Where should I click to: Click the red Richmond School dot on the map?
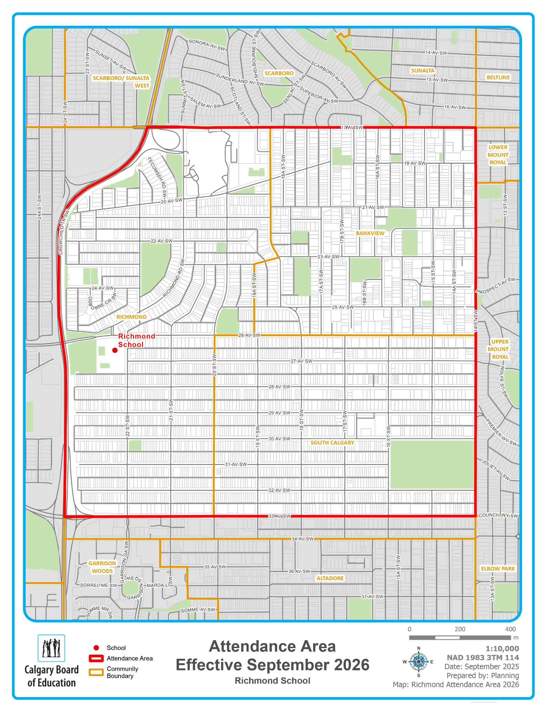click(x=115, y=350)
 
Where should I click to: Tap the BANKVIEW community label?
click(x=370, y=233)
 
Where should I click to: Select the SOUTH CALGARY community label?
click(x=332, y=443)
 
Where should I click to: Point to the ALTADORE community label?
click(x=330, y=578)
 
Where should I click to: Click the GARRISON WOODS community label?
click(x=102, y=567)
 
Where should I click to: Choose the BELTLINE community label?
click(x=498, y=78)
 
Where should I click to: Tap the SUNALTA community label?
click(x=423, y=71)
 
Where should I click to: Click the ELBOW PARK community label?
click(x=498, y=568)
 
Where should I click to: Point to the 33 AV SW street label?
click(x=279, y=516)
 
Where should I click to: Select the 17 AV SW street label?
click(x=352, y=128)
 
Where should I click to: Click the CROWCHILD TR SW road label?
click(x=62, y=232)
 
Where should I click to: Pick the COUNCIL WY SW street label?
click(x=498, y=515)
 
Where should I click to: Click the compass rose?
click(x=419, y=662)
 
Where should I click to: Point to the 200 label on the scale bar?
click(x=460, y=629)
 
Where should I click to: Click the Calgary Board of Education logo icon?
click(x=51, y=648)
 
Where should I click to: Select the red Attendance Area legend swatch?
click(x=96, y=658)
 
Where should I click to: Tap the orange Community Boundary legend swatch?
click(x=96, y=672)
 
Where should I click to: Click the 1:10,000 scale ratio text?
click(x=502, y=648)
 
